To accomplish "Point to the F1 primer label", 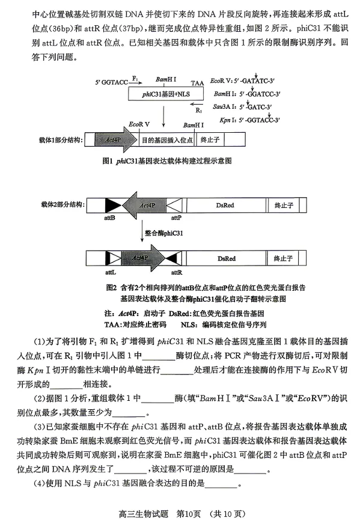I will point(135,79).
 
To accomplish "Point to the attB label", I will point(109,219).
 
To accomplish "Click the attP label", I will point(176,219).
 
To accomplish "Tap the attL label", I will point(109,272).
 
